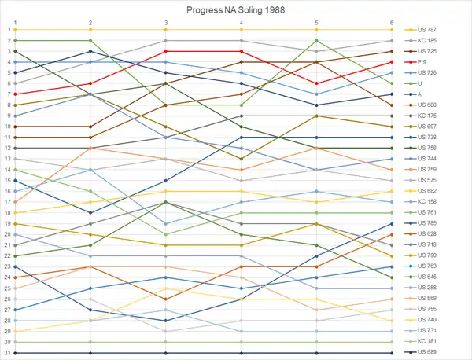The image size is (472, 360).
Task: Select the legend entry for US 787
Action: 428,29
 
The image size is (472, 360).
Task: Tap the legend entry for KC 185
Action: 428,40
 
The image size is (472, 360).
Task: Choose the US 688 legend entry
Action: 428,105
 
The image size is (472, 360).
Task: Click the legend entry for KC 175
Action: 428,116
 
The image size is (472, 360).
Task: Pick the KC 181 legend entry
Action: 428,342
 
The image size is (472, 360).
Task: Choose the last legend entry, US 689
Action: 428,353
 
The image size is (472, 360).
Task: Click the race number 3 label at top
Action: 166,22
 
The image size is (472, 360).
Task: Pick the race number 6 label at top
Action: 391,22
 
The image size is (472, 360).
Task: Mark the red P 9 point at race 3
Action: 166,51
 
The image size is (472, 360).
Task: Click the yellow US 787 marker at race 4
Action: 241,29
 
